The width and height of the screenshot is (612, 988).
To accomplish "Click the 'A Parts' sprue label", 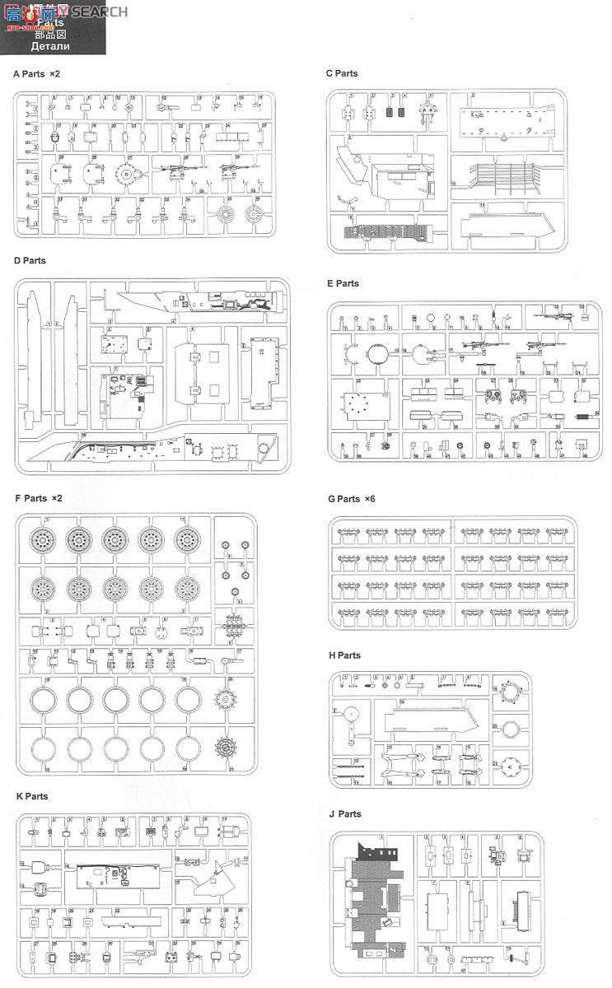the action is (29, 74).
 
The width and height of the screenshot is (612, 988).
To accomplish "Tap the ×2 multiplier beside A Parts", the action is (54, 74).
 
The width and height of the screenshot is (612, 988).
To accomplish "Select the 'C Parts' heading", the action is (342, 73).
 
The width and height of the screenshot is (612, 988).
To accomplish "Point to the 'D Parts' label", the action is (30, 261).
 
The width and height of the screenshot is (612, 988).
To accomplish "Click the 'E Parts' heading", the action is (343, 283).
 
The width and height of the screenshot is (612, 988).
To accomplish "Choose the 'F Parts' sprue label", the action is (30, 498).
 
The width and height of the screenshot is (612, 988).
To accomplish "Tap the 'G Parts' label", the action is (343, 498).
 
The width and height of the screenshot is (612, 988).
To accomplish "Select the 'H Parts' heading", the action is (343, 655).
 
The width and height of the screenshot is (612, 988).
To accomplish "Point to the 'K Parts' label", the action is (31, 796).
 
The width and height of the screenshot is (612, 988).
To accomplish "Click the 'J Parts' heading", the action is (344, 813).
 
